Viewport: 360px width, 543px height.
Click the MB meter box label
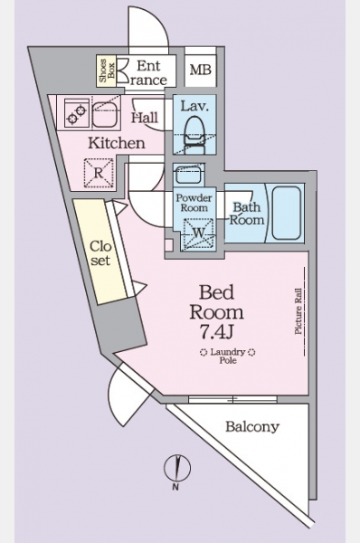tap(201, 70)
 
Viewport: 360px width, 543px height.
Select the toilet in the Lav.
tap(194, 135)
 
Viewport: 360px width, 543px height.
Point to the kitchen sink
tap(106, 114)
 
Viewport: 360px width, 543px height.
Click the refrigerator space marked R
tap(99, 173)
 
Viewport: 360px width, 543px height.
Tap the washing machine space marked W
tap(199, 233)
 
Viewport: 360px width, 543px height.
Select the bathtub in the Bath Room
tap(286, 213)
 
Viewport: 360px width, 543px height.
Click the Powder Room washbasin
tap(188, 175)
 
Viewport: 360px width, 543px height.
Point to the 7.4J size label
tap(216, 332)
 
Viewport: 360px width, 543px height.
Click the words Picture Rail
tap(298, 311)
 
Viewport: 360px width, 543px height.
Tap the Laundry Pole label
tap(228, 356)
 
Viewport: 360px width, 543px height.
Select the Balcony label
tap(252, 426)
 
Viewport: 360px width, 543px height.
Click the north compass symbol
tap(177, 469)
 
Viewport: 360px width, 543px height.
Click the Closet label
tap(100, 253)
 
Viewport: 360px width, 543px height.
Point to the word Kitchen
tap(117, 143)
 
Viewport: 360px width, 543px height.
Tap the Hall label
tap(145, 118)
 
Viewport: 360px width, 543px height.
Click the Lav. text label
tap(194, 106)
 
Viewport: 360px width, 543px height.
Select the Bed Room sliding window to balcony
tap(232, 399)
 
